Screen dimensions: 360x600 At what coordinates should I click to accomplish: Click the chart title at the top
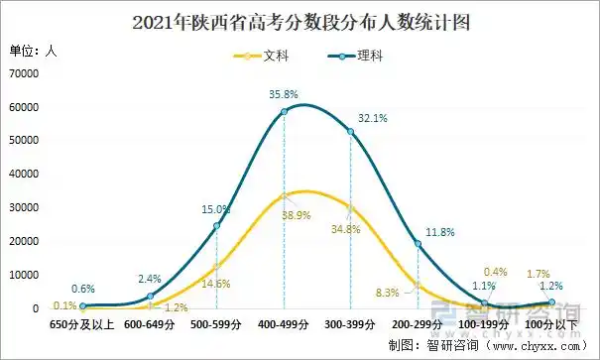[x=300, y=20]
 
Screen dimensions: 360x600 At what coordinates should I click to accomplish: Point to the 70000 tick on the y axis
[x=23, y=73]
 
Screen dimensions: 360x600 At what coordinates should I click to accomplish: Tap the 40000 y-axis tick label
[x=23, y=175]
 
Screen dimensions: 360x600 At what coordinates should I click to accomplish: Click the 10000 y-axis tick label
[x=23, y=275]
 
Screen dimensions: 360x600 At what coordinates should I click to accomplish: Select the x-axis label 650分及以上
[x=83, y=323]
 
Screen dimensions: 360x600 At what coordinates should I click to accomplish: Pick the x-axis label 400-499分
[x=284, y=323]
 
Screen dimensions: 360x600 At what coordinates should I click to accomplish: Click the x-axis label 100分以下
[x=551, y=323]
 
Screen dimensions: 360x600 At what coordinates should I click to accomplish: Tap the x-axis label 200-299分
[x=418, y=323]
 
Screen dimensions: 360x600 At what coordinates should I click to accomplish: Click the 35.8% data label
[x=284, y=94]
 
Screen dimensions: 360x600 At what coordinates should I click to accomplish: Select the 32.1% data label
[x=372, y=118]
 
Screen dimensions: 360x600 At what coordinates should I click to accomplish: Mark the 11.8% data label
[x=440, y=233]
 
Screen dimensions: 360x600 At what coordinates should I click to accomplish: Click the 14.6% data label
[x=216, y=284]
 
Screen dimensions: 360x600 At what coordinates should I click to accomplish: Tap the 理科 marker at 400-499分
[x=284, y=111]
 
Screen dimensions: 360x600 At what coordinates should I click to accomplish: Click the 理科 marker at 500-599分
[x=217, y=226]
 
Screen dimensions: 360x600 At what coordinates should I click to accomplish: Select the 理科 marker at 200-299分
[x=418, y=244]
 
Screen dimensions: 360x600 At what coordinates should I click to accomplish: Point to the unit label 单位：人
[x=34, y=51]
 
